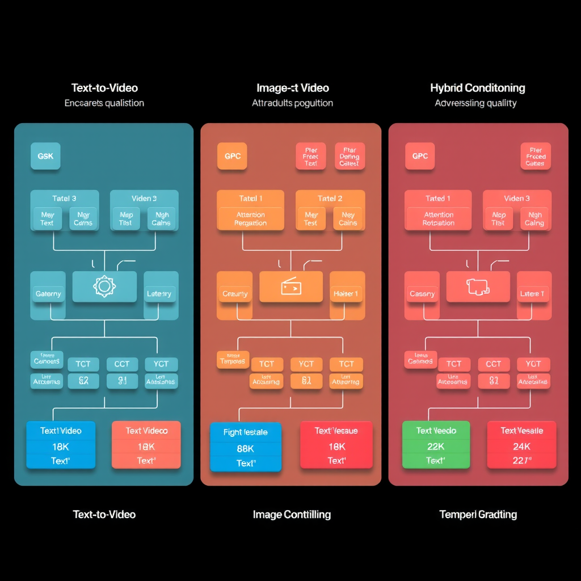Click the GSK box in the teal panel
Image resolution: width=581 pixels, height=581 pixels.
coord(45,156)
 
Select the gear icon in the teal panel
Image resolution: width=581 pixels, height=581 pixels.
coord(104,287)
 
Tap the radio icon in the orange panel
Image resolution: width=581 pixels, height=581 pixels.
coord(291,287)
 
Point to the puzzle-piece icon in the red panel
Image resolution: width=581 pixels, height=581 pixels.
coord(478,287)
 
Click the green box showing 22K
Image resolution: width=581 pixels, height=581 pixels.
coord(436,445)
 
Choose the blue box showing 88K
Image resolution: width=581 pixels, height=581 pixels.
coord(246,447)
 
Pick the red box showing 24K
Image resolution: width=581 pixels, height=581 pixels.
coord(521,445)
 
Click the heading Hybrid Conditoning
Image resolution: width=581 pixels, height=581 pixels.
coord(477,88)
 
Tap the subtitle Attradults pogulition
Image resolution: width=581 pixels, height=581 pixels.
coord(292,103)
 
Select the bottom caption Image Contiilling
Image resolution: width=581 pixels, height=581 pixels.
coord(292,515)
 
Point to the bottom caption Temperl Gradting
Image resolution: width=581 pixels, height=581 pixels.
coord(478,515)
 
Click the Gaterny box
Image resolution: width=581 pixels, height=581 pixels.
coord(48,294)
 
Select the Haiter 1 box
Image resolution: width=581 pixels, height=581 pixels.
coord(346,294)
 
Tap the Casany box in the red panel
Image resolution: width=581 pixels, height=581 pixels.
coord(422,294)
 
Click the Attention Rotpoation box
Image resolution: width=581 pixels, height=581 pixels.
coord(439,219)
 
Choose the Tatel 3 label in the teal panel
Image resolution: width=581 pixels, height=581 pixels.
coord(64,199)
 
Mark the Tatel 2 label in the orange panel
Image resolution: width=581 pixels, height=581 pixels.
coord(330,199)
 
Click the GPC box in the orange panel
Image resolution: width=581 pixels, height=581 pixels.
coord(233,156)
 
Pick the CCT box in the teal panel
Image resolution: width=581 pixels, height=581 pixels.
coord(122,364)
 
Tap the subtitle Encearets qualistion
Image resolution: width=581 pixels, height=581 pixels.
coord(104,103)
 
